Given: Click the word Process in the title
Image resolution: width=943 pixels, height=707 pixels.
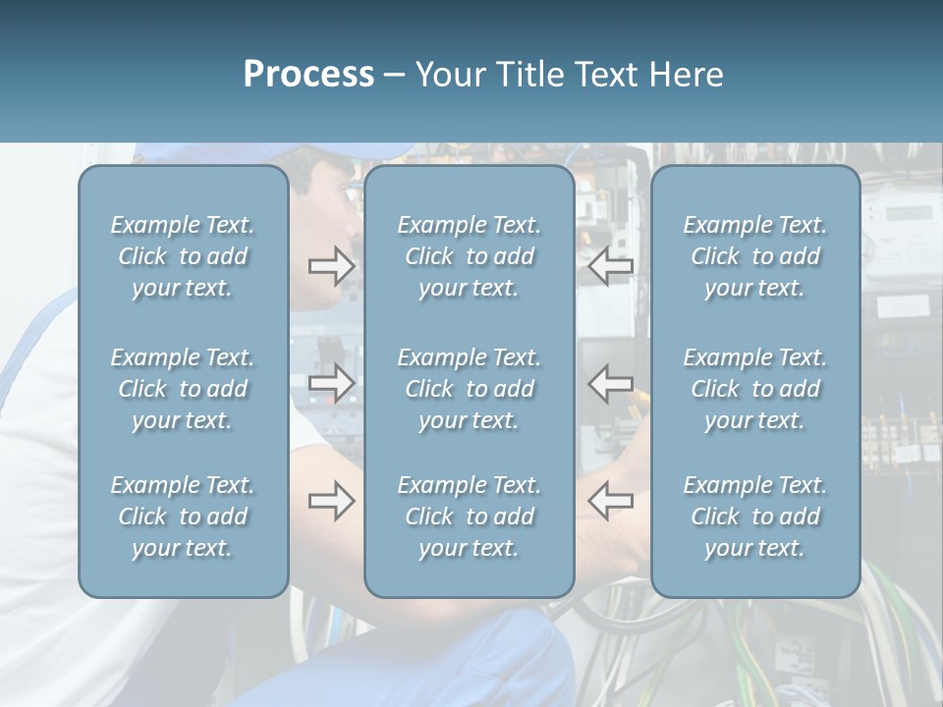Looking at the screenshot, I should tap(308, 75).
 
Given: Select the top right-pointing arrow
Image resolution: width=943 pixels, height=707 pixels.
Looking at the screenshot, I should tap(331, 266).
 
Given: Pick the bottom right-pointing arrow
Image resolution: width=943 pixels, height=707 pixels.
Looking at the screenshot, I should tap(331, 501).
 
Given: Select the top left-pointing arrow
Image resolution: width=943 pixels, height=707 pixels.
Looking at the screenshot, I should tap(610, 266).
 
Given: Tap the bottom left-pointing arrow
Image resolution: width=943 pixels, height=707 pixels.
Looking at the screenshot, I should tap(610, 501).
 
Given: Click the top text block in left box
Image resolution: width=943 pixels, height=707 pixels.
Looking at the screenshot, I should tap(183, 256).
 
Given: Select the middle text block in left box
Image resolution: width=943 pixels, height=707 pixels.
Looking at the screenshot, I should tap(183, 389).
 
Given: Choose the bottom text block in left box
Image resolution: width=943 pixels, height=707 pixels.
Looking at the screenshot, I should tap(183, 517).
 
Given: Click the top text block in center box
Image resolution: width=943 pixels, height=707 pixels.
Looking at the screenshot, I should tap(469, 256).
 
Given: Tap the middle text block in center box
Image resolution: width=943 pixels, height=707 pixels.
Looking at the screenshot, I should tap(469, 389).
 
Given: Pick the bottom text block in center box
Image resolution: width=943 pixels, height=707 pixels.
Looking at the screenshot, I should tap(469, 517).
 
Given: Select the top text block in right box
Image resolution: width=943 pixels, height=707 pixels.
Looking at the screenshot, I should tap(755, 256).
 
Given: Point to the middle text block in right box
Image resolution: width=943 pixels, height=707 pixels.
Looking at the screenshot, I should tap(755, 389).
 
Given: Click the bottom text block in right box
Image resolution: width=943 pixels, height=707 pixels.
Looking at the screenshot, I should tap(755, 517).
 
